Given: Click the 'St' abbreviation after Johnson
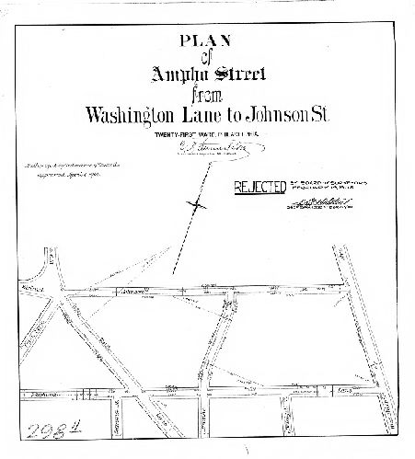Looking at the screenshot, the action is pos(331,117).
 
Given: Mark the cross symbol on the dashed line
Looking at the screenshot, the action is pos(195,203).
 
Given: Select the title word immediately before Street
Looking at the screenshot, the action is pos(181,76).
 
